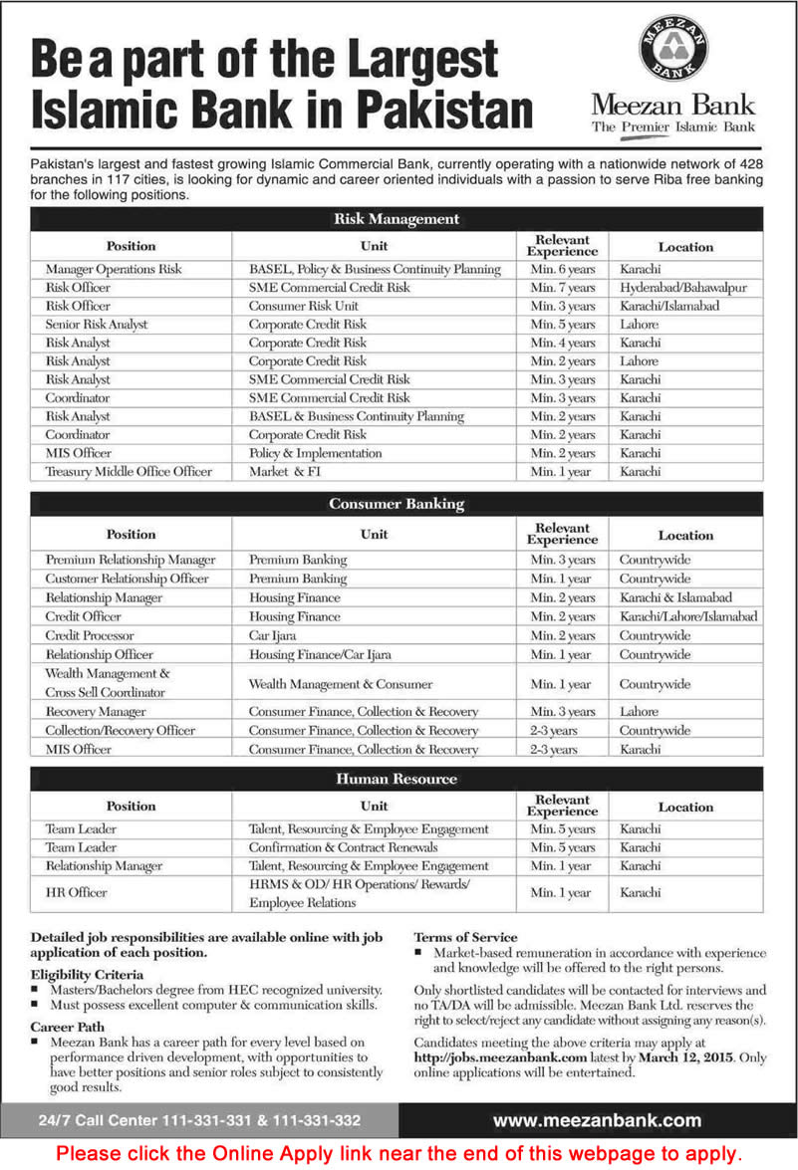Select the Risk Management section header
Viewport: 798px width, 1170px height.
[396, 219]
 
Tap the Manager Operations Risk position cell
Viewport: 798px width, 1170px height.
[114, 270]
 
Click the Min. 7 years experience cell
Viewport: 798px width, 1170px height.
[562, 288]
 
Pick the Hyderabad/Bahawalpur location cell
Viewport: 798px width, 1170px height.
[682, 288]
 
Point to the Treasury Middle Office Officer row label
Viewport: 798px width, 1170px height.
[129, 471]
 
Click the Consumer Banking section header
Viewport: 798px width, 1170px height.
[396, 504]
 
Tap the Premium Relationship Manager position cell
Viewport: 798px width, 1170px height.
[130, 560]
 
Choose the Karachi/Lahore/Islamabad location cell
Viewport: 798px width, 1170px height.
[687, 616]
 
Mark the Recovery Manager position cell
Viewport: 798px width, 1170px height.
[96, 712]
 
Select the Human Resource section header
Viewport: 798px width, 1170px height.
[396, 779]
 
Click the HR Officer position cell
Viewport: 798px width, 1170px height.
[76, 893]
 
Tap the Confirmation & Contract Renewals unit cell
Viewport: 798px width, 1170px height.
[343, 847]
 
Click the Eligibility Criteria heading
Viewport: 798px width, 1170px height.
[87, 974]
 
